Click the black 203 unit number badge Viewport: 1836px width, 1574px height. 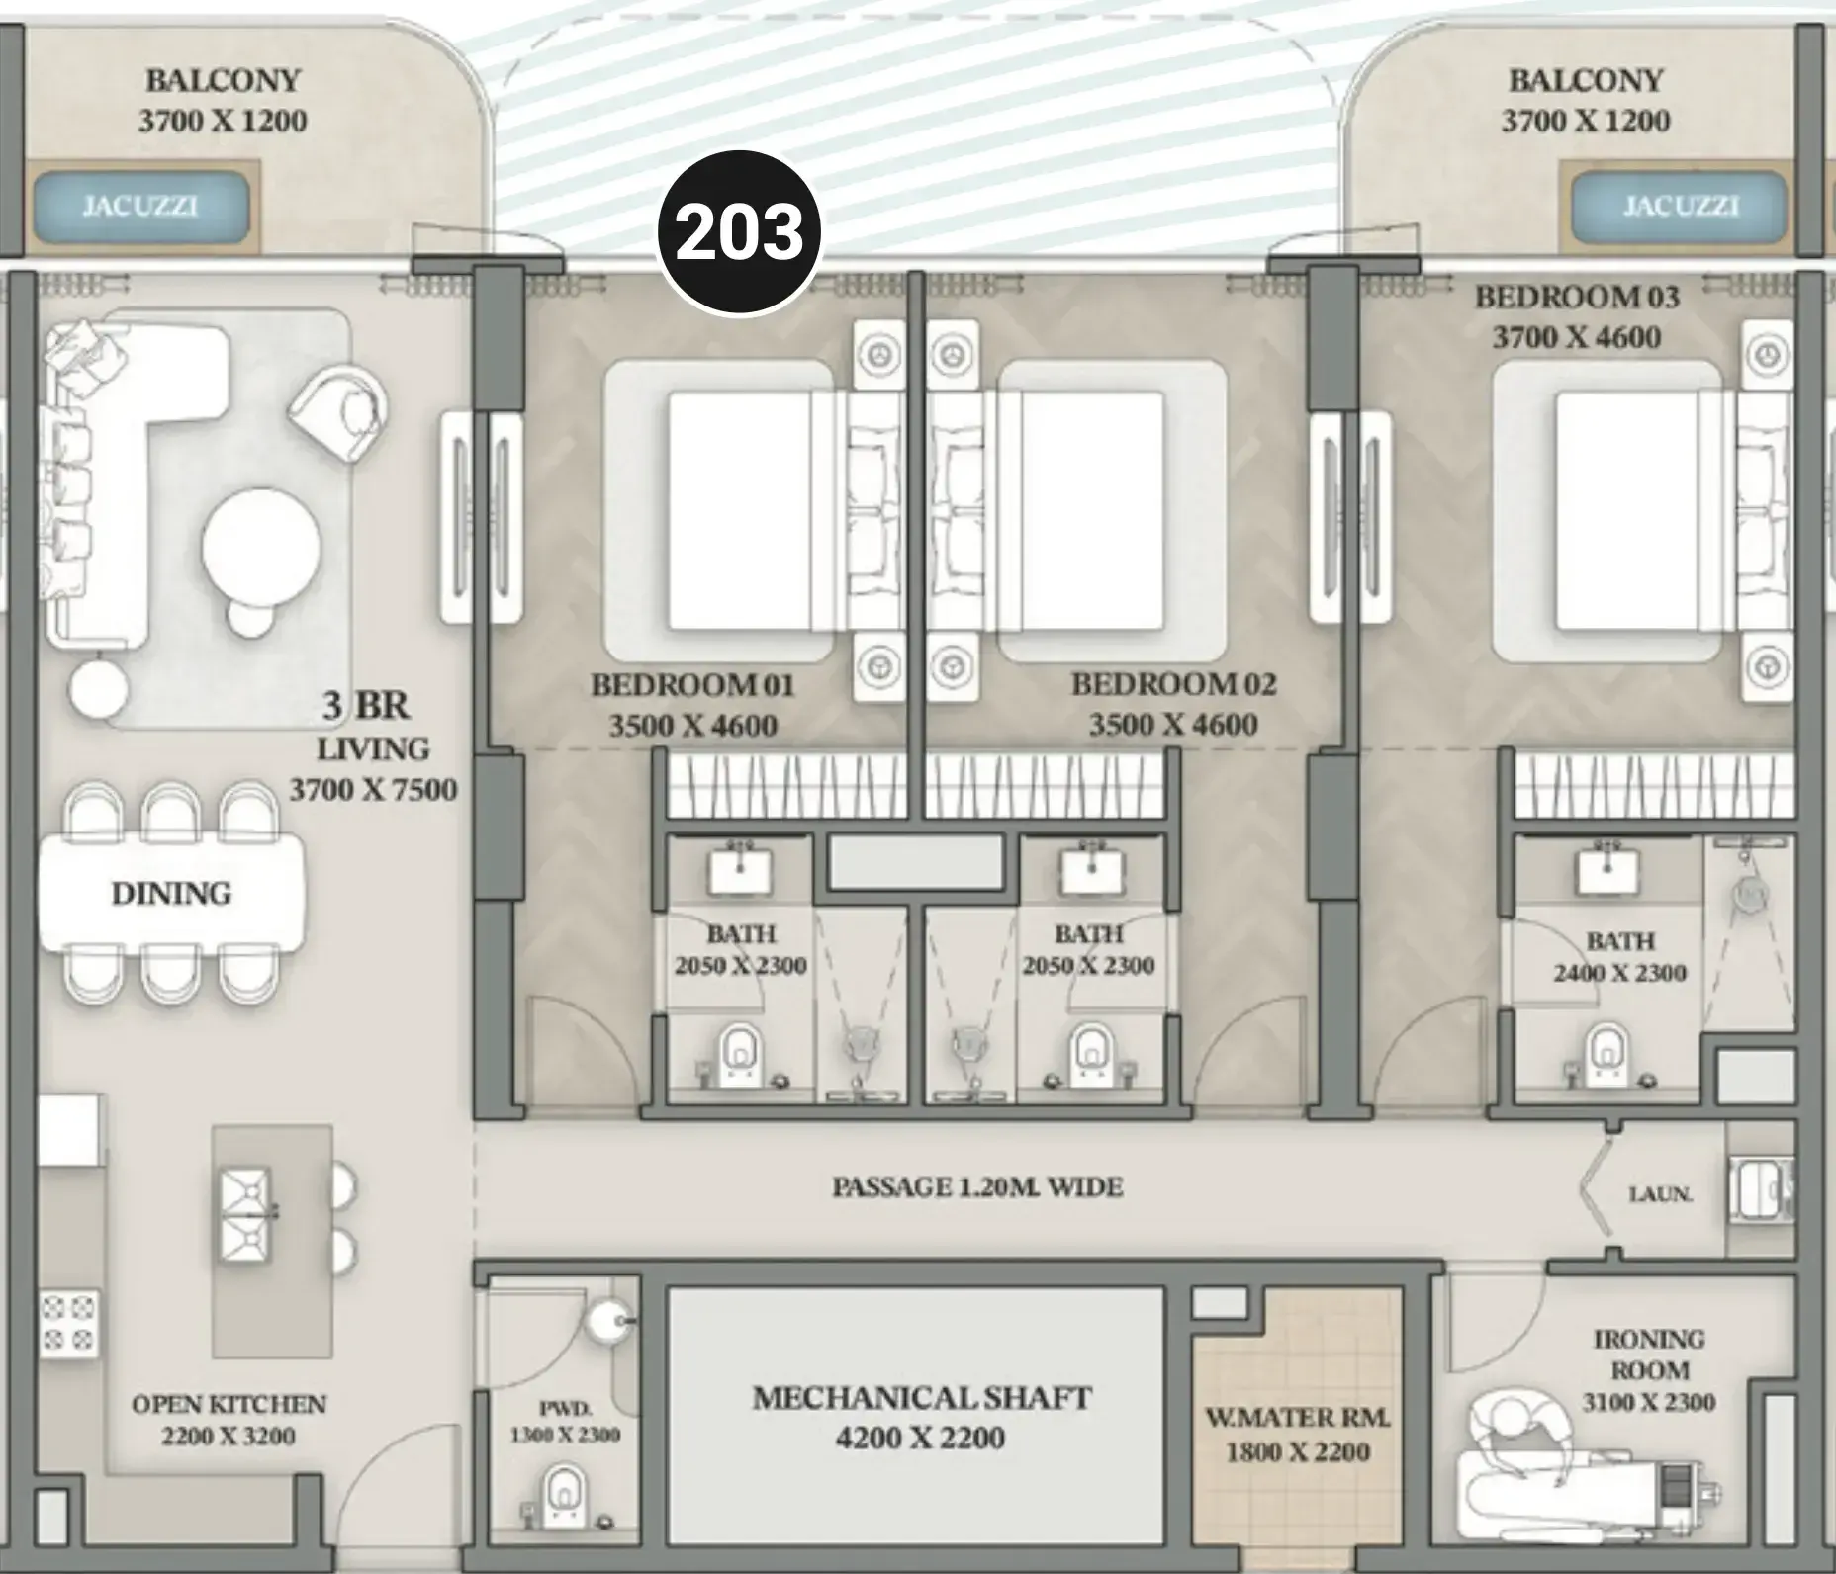point(740,233)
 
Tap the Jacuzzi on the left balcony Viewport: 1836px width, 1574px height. point(140,208)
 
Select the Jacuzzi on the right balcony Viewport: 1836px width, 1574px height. point(1680,207)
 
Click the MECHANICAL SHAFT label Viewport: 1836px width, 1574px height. point(921,1398)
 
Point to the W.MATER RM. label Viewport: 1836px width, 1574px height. point(1298,1418)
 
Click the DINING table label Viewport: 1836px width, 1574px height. point(171,894)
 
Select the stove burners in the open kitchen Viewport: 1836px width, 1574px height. point(69,1323)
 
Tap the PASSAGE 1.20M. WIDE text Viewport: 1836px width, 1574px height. point(977,1186)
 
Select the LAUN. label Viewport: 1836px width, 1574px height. point(1661,1194)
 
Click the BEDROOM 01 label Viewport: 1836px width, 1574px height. point(692,684)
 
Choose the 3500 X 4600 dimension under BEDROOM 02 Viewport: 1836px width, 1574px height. point(1173,726)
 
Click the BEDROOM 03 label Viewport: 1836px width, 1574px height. point(1577,297)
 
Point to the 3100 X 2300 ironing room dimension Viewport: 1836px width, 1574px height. point(1649,1402)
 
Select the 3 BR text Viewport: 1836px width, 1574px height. point(366,706)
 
